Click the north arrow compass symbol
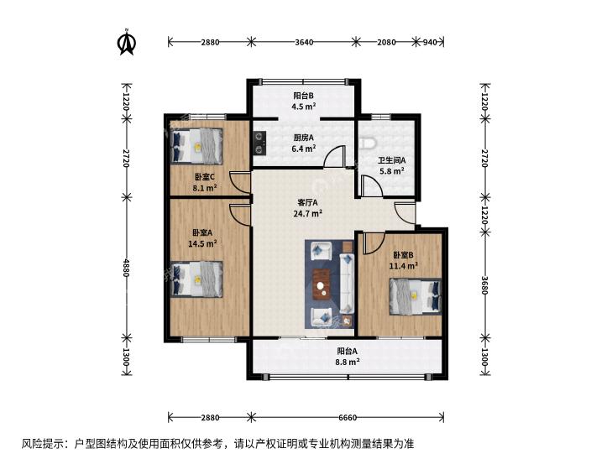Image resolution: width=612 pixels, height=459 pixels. pyautogui.click(x=126, y=42)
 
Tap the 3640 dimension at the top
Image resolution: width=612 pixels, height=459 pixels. pyautogui.click(x=304, y=42)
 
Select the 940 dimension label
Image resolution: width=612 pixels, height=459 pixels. pyautogui.click(x=430, y=42)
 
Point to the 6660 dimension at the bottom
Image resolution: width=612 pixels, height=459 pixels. pyautogui.click(x=348, y=418)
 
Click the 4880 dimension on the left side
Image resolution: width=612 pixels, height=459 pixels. pyautogui.click(x=126, y=268)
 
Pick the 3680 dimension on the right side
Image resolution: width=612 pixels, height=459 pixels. pyautogui.click(x=484, y=285)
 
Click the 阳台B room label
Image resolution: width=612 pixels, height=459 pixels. pyautogui.click(x=303, y=96)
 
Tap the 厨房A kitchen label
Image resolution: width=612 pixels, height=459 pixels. pyautogui.click(x=303, y=138)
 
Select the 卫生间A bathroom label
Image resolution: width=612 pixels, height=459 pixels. pyautogui.click(x=391, y=160)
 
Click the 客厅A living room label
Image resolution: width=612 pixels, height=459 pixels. pyautogui.click(x=307, y=202)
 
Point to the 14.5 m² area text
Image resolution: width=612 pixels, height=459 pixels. pyautogui.click(x=202, y=243)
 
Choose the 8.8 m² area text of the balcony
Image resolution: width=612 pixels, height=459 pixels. pyautogui.click(x=348, y=362)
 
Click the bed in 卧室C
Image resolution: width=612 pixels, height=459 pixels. pyautogui.click(x=196, y=146)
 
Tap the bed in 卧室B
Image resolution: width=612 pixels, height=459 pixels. pyautogui.click(x=416, y=296)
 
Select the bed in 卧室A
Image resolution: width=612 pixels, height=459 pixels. pyautogui.click(x=196, y=279)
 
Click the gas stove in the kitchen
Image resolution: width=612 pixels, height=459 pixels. pyautogui.click(x=259, y=143)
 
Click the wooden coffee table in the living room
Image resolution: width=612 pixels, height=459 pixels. pyautogui.click(x=322, y=285)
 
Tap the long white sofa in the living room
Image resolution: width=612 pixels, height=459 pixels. pyautogui.click(x=347, y=284)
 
